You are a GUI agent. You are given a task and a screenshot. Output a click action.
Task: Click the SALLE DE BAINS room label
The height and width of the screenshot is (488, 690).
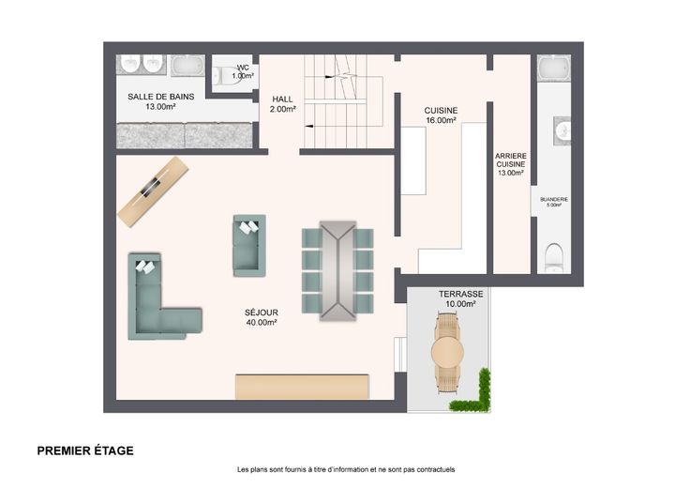point(161,97)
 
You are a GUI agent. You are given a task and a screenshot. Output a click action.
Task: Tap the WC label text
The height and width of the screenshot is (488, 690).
point(244,68)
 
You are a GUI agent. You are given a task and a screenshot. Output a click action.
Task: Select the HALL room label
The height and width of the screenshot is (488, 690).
point(282,99)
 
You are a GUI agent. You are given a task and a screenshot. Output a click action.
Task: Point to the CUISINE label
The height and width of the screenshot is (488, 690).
point(441,111)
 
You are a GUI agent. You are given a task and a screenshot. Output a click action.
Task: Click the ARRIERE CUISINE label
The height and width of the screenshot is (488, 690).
point(511,160)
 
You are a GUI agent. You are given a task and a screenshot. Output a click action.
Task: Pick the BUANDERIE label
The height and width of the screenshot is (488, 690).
point(554,200)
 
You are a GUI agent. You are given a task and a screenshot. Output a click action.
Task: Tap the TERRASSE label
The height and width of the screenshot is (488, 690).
point(460,294)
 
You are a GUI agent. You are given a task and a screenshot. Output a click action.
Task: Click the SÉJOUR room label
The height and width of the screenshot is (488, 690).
point(262,313)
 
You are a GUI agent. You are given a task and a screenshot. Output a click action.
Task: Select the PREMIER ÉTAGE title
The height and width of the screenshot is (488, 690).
point(85,450)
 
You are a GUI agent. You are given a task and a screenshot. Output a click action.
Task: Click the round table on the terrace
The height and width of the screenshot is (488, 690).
point(447,352)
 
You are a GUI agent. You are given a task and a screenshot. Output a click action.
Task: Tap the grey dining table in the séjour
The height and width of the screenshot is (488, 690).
point(337,270)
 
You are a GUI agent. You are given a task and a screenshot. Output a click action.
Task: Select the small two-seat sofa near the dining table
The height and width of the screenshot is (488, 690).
point(249,246)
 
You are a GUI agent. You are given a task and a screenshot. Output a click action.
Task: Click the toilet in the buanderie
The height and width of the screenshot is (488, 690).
point(554,258)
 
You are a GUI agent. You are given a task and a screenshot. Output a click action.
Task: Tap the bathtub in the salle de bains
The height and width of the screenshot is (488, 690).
point(187,65)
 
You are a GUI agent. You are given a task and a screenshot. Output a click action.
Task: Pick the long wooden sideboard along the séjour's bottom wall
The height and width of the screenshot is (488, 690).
point(302,387)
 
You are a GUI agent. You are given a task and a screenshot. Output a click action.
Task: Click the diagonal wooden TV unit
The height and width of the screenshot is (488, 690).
point(153,191)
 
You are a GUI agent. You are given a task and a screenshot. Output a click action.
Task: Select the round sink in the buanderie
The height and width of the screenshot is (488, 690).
point(562,130)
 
